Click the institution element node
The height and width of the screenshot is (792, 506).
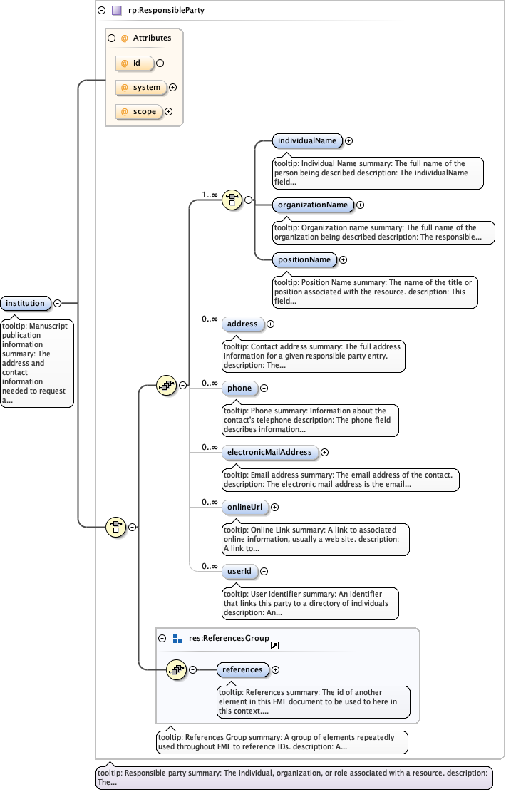click(26, 304)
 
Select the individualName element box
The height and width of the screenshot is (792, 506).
click(307, 140)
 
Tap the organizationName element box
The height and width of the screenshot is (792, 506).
click(313, 205)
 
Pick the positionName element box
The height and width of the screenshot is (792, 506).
click(304, 259)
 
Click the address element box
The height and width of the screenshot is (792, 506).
click(242, 324)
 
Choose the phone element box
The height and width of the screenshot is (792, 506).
click(239, 388)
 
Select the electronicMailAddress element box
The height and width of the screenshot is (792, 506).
click(269, 452)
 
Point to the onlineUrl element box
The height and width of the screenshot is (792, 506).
click(244, 507)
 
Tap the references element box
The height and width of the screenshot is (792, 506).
click(242, 669)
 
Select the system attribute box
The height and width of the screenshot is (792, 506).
click(141, 88)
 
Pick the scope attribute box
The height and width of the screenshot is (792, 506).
click(139, 112)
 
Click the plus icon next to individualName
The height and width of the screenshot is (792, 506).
click(349, 141)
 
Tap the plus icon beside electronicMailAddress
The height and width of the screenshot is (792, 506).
click(325, 452)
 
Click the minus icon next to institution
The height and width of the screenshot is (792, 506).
click(58, 304)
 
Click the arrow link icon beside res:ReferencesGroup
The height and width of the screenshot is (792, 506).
click(274, 645)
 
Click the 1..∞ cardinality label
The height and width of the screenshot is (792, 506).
click(210, 194)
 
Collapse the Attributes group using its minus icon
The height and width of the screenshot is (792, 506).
click(111, 38)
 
